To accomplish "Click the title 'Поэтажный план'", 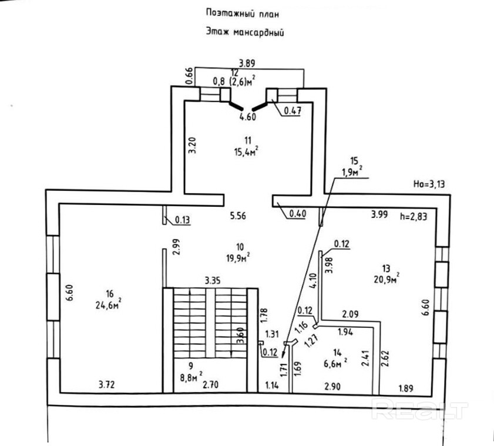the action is [242, 14].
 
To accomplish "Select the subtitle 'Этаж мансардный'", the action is [245, 32].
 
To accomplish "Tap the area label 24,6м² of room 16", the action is [109, 304].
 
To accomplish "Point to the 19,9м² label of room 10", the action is [238, 257].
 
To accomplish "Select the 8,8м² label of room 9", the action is [191, 377].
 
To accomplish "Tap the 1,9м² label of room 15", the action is [352, 172].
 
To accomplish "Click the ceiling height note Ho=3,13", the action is [429, 184].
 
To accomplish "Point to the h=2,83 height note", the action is [414, 216].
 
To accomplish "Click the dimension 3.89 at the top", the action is [247, 63].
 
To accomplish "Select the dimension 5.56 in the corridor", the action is [238, 216].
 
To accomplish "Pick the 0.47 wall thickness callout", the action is [293, 110].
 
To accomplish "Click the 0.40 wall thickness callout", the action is [297, 214].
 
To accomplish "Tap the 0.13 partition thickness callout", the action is [183, 220].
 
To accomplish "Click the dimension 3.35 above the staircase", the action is [213, 280].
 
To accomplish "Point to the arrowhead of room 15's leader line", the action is [283, 356].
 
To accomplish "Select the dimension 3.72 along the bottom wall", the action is [107, 384].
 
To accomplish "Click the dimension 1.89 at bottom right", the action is [406, 388].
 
